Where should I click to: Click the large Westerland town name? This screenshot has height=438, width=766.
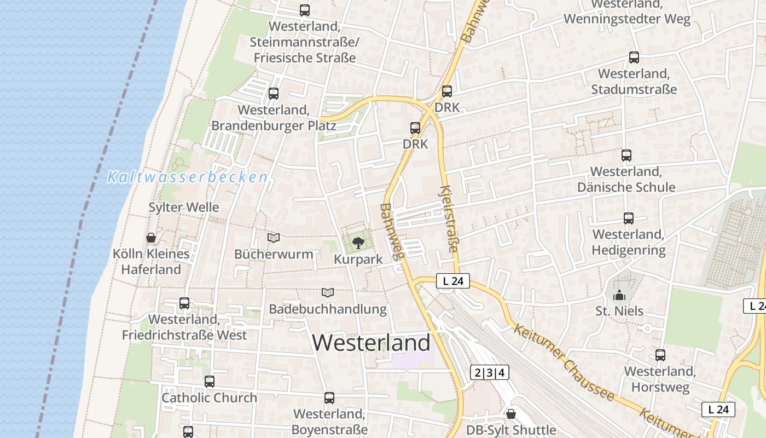click(372, 343)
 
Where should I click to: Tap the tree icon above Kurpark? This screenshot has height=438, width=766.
click(358, 242)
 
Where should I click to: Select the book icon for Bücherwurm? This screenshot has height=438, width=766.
click(274, 238)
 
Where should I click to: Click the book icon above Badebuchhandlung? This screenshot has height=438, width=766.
click(328, 293)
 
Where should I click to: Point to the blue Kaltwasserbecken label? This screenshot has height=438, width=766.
click(188, 177)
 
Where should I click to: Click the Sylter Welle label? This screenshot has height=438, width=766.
click(184, 208)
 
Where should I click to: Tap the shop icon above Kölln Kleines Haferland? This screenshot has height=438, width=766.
click(151, 238)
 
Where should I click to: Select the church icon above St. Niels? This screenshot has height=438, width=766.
click(619, 296)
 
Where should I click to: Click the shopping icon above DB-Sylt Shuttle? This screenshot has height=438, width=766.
click(511, 414)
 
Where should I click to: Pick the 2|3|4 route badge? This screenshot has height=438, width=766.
click(490, 373)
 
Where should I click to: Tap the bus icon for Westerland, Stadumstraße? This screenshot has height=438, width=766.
click(634, 57)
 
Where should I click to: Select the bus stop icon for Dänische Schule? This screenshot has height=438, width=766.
click(626, 155)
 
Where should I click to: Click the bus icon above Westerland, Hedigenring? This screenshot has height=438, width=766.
click(629, 218)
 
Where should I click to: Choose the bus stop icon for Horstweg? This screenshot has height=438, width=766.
click(660, 355)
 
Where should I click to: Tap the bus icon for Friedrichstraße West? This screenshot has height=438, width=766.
click(184, 303)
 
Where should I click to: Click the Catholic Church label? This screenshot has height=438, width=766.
click(209, 398)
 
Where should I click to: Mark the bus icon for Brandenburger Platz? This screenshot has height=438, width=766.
click(274, 94)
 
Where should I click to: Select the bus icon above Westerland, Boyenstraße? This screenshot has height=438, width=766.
click(329, 398)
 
